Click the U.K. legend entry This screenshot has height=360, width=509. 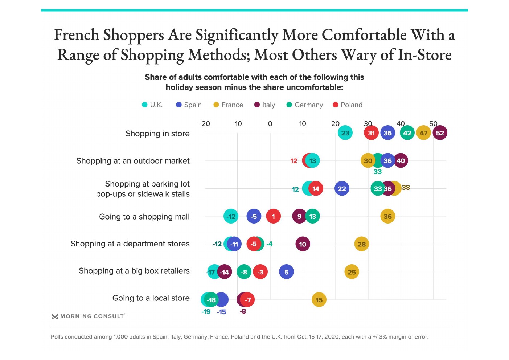click(x=152, y=105)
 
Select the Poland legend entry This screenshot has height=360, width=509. click(x=347, y=105)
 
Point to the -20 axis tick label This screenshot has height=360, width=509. click(x=205, y=124)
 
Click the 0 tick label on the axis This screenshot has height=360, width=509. click(x=270, y=124)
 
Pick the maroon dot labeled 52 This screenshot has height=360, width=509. click(x=440, y=133)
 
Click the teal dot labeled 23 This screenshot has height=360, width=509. click(x=345, y=133)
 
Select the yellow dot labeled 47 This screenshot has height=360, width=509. click(x=423, y=133)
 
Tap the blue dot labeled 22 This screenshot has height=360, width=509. click(x=342, y=189)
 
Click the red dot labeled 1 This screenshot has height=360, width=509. click(x=273, y=217)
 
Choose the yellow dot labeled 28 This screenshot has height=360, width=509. click(x=361, y=244)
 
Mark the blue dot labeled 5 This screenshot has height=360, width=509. click(x=286, y=272)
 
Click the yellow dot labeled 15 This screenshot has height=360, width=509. click(x=319, y=300)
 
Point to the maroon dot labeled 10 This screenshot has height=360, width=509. click(x=303, y=244)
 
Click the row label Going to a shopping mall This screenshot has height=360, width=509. click(x=144, y=217)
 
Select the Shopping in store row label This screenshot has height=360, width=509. click(x=157, y=134)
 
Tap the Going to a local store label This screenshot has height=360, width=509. click(x=151, y=298)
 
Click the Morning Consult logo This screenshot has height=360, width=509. click(x=89, y=316)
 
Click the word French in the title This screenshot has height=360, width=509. click(x=76, y=35)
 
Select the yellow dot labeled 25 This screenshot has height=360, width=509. click(x=352, y=272)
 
